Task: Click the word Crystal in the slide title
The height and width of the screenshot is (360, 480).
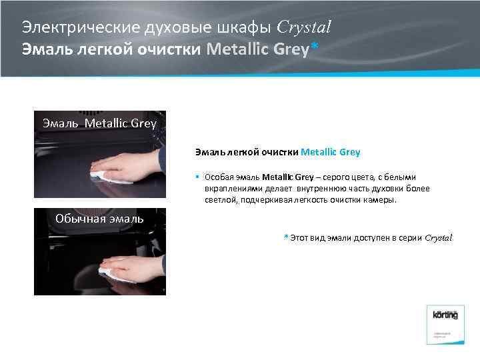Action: tap(303, 27)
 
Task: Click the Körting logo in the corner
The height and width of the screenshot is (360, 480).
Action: tap(445, 315)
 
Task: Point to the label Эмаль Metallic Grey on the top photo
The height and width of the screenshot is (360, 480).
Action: tap(99, 123)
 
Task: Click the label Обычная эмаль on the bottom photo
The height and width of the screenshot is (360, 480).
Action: tap(99, 219)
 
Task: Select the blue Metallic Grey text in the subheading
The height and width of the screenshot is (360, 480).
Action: tap(331, 152)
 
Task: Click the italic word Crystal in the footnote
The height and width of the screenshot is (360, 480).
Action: tap(439, 237)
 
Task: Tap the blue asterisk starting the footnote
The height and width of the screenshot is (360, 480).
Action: tap(286, 237)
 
